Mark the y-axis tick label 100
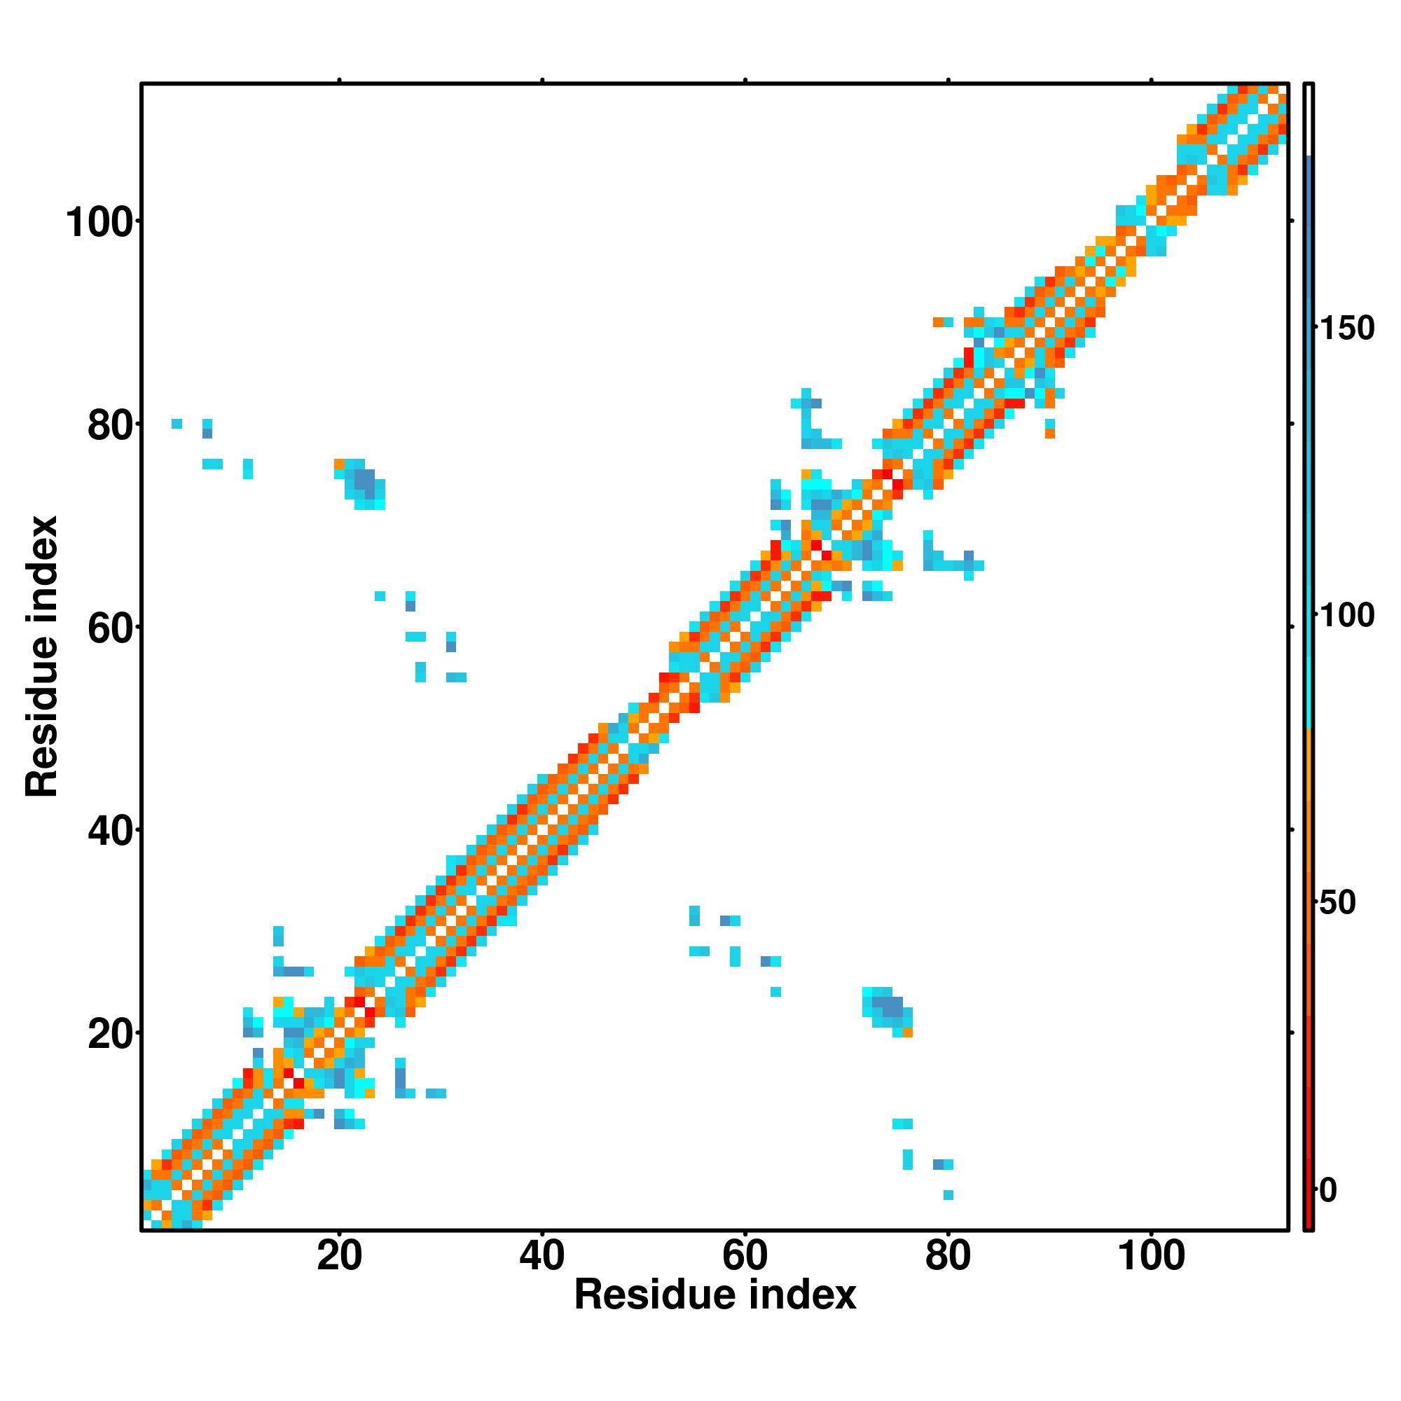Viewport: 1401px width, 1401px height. click(x=102, y=223)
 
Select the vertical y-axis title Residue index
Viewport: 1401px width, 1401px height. click(x=42, y=656)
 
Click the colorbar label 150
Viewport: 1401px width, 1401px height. click(x=1347, y=329)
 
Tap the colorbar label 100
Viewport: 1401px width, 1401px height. click(x=1347, y=616)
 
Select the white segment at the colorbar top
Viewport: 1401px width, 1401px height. click(x=1309, y=120)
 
